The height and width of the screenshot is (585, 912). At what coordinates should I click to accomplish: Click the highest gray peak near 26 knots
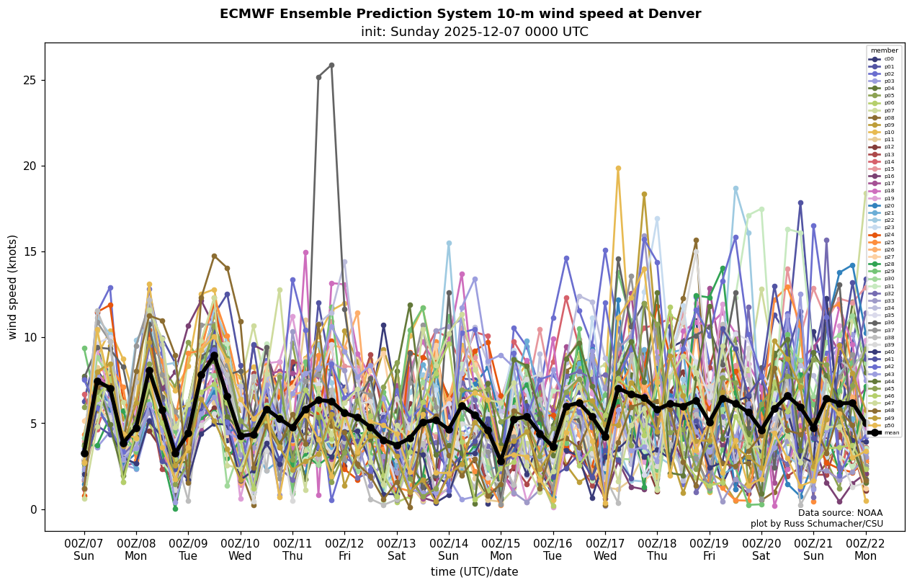pyautogui.click(x=331, y=65)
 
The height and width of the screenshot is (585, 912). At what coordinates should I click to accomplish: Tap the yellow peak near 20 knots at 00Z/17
pyautogui.click(x=618, y=169)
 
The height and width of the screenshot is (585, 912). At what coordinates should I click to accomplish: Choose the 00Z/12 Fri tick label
pyautogui.click(x=344, y=549)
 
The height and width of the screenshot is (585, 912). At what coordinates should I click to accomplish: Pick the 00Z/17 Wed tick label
pyautogui.click(x=605, y=549)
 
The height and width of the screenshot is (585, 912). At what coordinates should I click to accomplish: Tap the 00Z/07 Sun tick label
pyautogui.click(x=84, y=549)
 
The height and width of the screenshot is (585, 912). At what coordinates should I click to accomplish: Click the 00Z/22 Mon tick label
pyautogui.click(x=865, y=549)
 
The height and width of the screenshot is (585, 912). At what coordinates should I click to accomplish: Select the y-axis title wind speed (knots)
pyautogui.click(x=13, y=287)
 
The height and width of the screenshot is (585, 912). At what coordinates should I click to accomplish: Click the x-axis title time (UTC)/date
pyautogui.click(x=474, y=572)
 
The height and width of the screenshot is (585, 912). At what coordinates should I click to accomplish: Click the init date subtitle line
pyautogui.click(x=474, y=32)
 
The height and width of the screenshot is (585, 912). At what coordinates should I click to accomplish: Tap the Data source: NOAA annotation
pyautogui.click(x=840, y=513)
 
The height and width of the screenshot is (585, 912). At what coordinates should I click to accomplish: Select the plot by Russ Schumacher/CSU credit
pyautogui.click(x=816, y=524)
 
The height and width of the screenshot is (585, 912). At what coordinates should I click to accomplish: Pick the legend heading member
pyautogui.click(x=884, y=50)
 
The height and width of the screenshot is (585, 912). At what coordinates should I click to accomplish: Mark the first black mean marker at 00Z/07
pyautogui.click(x=84, y=453)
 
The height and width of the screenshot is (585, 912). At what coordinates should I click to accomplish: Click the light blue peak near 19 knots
pyautogui.click(x=736, y=189)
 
